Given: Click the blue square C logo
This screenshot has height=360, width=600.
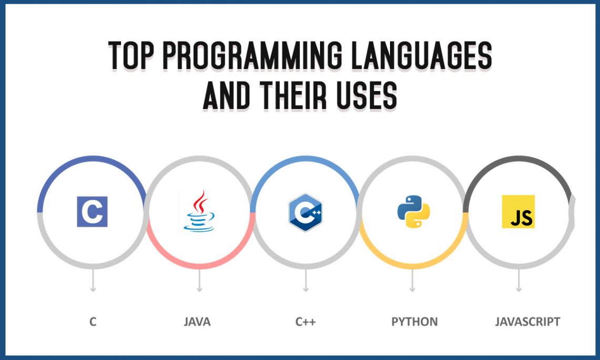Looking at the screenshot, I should click(x=92, y=212).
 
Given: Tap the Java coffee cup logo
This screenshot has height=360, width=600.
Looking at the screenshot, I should click(x=199, y=212).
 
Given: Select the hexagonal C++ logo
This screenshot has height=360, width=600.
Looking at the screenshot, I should click(x=305, y=212).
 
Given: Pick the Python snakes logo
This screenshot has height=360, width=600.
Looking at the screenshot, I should click(x=413, y=212).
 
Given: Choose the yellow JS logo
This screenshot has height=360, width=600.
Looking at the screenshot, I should click(x=518, y=212).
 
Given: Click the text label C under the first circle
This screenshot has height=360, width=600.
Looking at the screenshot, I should click(x=93, y=322).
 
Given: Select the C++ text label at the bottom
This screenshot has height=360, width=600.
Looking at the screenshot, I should click(x=305, y=322).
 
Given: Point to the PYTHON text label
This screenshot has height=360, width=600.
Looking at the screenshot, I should click(x=414, y=322).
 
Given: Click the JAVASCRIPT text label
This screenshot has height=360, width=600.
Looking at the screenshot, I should click(x=527, y=322).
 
